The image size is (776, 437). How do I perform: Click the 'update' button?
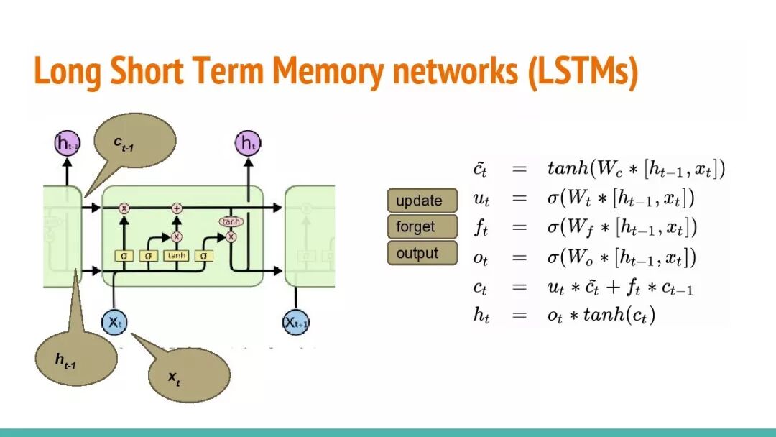[x=422, y=201]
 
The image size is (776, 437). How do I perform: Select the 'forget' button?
[x=422, y=227]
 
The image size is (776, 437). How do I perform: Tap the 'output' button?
[x=422, y=253]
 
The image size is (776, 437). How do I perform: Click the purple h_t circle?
[x=246, y=144]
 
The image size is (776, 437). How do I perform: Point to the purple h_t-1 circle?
[x=68, y=144]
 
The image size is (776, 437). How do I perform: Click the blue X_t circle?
[x=115, y=322]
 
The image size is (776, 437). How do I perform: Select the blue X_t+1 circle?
[x=296, y=322]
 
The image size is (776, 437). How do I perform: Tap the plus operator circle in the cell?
[x=177, y=208]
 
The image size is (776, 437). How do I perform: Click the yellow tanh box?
[x=176, y=255]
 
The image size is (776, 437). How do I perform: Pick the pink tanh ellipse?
[x=231, y=222]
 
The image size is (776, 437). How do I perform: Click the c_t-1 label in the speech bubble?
[x=124, y=143]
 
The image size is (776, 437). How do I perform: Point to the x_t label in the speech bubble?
[x=175, y=377]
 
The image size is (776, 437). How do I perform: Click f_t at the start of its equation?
[x=481, y=229]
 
